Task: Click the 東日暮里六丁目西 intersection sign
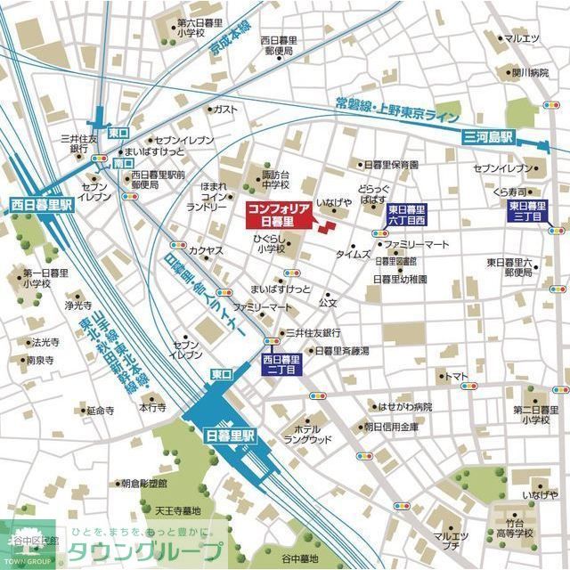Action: point(409,214)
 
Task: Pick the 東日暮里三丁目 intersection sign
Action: point(528,212)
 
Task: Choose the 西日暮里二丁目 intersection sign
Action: point(282,363)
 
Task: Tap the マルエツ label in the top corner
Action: point(522,38)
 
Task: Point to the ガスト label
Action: point(225,109)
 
